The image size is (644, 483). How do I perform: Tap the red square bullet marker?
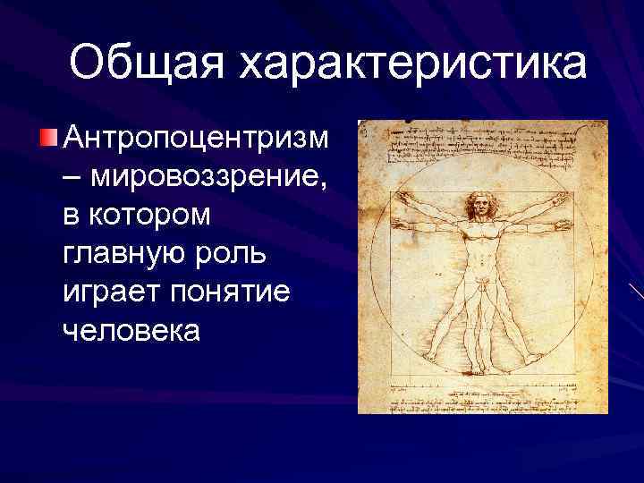point(48,137)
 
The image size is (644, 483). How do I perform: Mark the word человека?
point(133,331)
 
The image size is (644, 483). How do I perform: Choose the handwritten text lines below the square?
point(480,399)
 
